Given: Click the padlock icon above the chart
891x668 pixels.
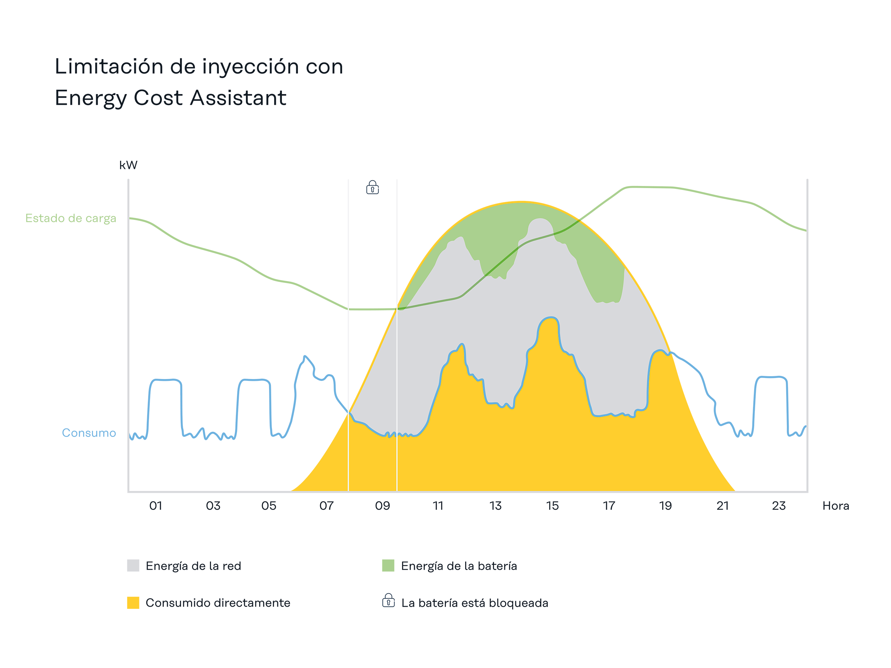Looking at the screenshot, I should click(x=372, y=188).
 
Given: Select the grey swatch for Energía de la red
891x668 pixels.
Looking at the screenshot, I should click(x=133, y=565).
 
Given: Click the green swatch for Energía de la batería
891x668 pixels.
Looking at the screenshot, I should click(x=388, y=565).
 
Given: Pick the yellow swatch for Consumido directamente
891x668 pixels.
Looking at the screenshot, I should click(x=133, y=602).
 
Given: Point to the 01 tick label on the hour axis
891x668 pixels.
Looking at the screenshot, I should click(x=155, y=506).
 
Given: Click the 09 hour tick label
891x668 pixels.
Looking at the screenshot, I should click(x=382, y=506).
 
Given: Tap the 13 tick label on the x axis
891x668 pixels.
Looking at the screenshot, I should click(x=495, y=506).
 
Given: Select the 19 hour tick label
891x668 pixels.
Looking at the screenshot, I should click(x=665, y=506).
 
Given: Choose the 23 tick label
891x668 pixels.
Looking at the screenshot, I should click(x=779, y=506).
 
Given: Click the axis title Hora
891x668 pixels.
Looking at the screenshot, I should click(x=835, y=506).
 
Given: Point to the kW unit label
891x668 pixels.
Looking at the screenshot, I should click(x=128, y=165).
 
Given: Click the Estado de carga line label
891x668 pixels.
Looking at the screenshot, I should click(x=71, y=218).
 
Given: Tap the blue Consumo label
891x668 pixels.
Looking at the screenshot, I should click(x=89, y=433).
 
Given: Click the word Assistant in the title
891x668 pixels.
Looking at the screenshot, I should click(x=238, y=98).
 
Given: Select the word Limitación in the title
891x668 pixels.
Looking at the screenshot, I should click(x=109, y=66).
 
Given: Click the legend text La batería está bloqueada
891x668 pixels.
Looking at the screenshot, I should click(x=474, y=603).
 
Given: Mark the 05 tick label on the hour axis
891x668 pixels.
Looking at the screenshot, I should click(x=269, y=506).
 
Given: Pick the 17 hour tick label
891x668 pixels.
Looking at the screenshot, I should click(x=609, y=506).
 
